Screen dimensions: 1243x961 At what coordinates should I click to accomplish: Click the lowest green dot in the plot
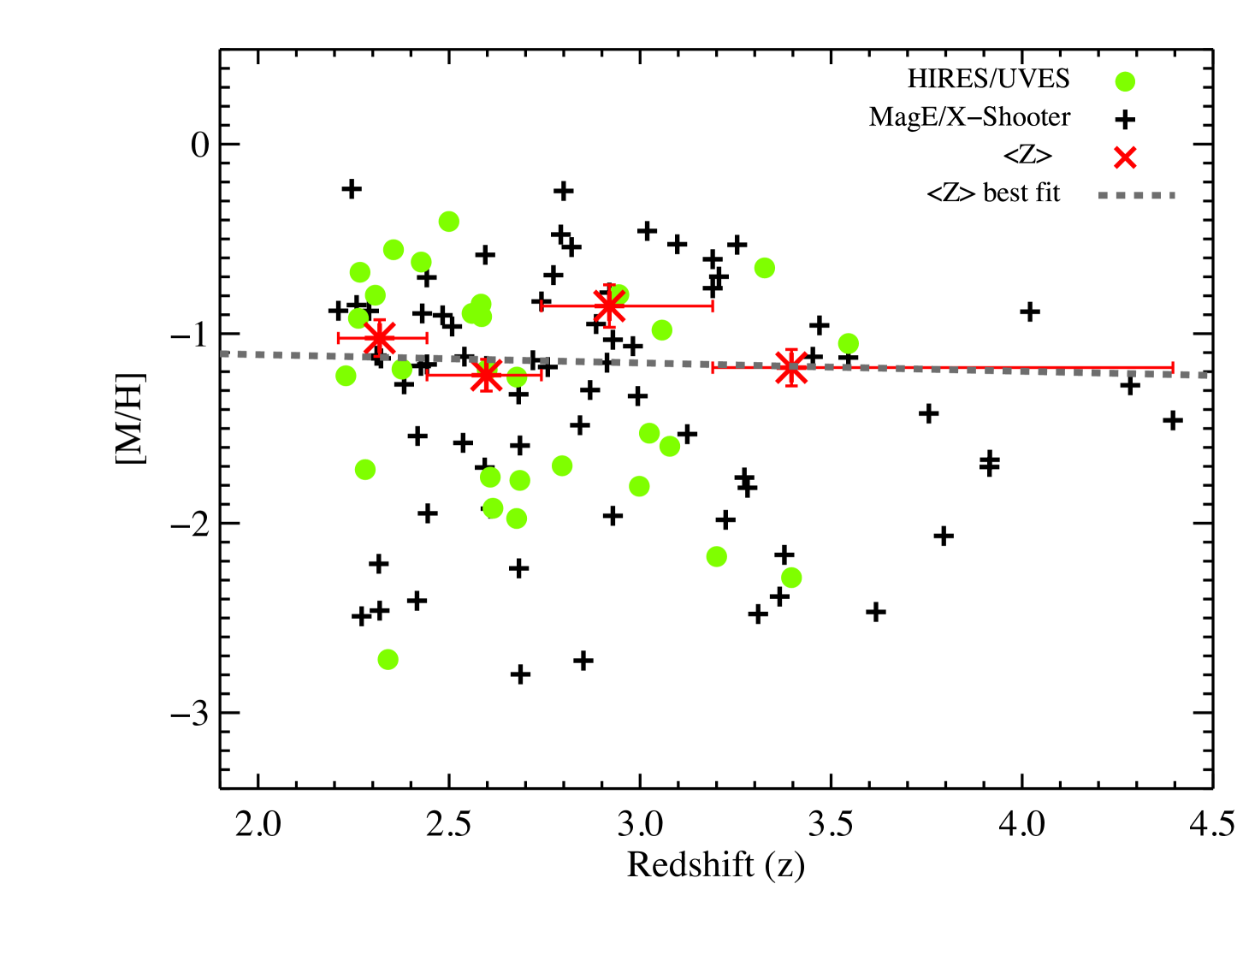(388, 659)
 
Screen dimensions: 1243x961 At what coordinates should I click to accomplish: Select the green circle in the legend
(1125, 82)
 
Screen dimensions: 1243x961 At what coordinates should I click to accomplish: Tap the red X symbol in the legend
(1125, 157)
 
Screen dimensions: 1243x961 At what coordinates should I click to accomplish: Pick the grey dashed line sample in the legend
(1136, 196)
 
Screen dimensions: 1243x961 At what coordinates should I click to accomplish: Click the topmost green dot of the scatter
(449, 222)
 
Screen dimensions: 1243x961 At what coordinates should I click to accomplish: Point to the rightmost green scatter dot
(848, 343)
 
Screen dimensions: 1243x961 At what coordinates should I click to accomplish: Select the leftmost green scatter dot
(346, 376)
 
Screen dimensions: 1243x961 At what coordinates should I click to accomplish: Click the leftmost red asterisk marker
(379, 337)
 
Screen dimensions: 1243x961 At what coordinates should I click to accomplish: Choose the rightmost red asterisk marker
(791, 367)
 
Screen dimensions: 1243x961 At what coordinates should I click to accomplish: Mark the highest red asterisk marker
(609, 306)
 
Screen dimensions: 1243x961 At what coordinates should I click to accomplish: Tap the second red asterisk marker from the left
(486, 375)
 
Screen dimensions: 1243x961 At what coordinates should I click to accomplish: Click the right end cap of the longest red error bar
(1173, 367)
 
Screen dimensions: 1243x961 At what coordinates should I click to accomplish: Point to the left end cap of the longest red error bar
(713, 368)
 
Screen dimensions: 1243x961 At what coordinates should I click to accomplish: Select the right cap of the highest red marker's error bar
(713, 306)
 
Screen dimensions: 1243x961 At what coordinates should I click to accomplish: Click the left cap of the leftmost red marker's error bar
(339, 338)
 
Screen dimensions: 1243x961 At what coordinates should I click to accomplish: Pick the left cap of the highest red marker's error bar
(542, 306)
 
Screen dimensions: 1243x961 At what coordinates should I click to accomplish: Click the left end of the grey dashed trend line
(222, 353)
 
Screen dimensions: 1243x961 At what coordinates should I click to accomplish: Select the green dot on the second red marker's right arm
(517, 377)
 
